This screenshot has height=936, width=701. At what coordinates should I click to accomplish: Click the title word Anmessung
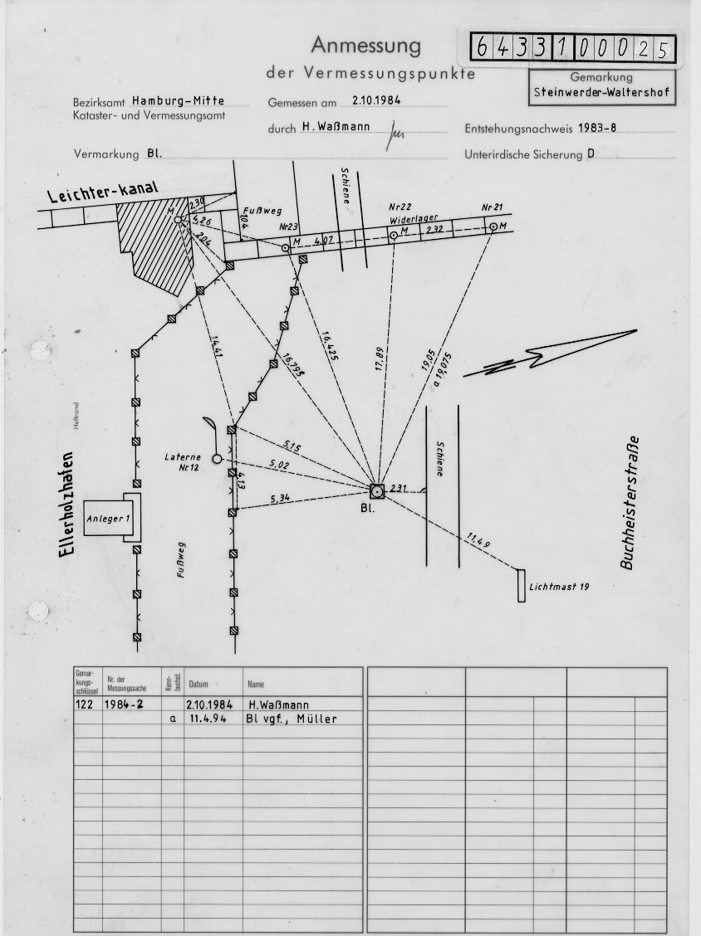pyautogui.click(x=365, y=46)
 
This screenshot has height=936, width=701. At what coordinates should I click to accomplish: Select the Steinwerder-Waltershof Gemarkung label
pyautogui.click(x=601, y=92)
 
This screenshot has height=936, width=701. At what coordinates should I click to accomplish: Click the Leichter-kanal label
pyautogui.click(x=102, y=194)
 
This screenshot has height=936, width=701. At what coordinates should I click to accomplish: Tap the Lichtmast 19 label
pyautogui.click(x=559, y=587)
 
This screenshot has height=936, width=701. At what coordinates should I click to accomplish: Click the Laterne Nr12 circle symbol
pyautogui.click(x=217, y=458)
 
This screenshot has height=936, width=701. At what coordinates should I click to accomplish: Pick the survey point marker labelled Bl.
pyautogui.click(x=376, y=491)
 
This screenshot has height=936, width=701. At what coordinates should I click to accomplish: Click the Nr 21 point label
pyautogui.click(x=493, y=207)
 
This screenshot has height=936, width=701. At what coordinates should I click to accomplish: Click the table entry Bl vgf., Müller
pyautogui.click(x=291, y=719)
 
